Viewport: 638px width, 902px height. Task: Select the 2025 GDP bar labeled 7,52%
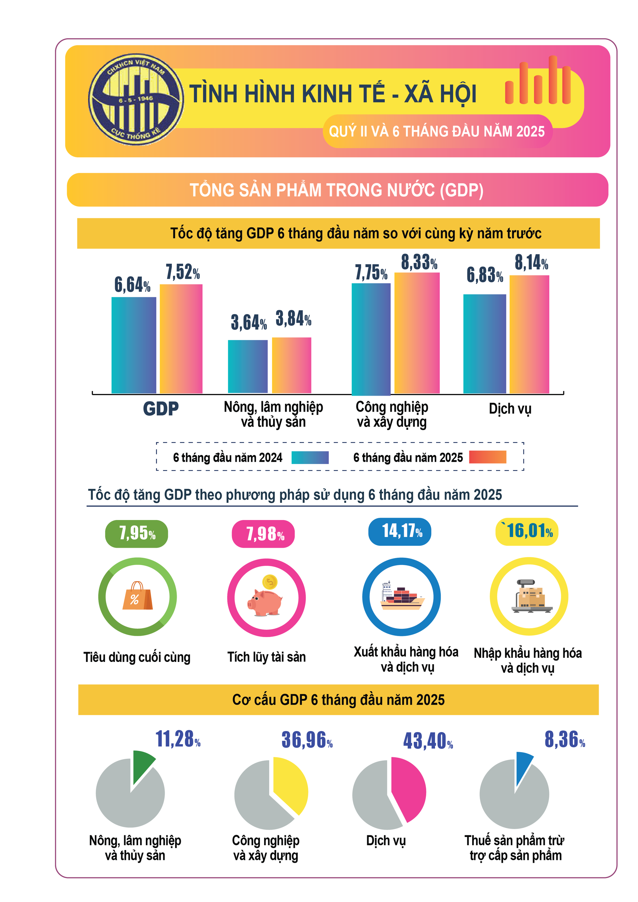tap(181, 339)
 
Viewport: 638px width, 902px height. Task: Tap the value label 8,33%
tap(419, 262)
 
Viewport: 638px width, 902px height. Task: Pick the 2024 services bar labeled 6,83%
tap(484, 344)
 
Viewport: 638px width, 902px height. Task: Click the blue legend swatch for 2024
tap(310, 457)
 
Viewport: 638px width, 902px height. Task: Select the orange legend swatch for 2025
tap(487, 457)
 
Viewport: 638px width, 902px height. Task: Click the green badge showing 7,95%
tap(137, 533)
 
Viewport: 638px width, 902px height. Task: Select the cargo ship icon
tap(401, 596)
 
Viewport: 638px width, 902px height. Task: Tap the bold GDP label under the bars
tap(160, 408)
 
